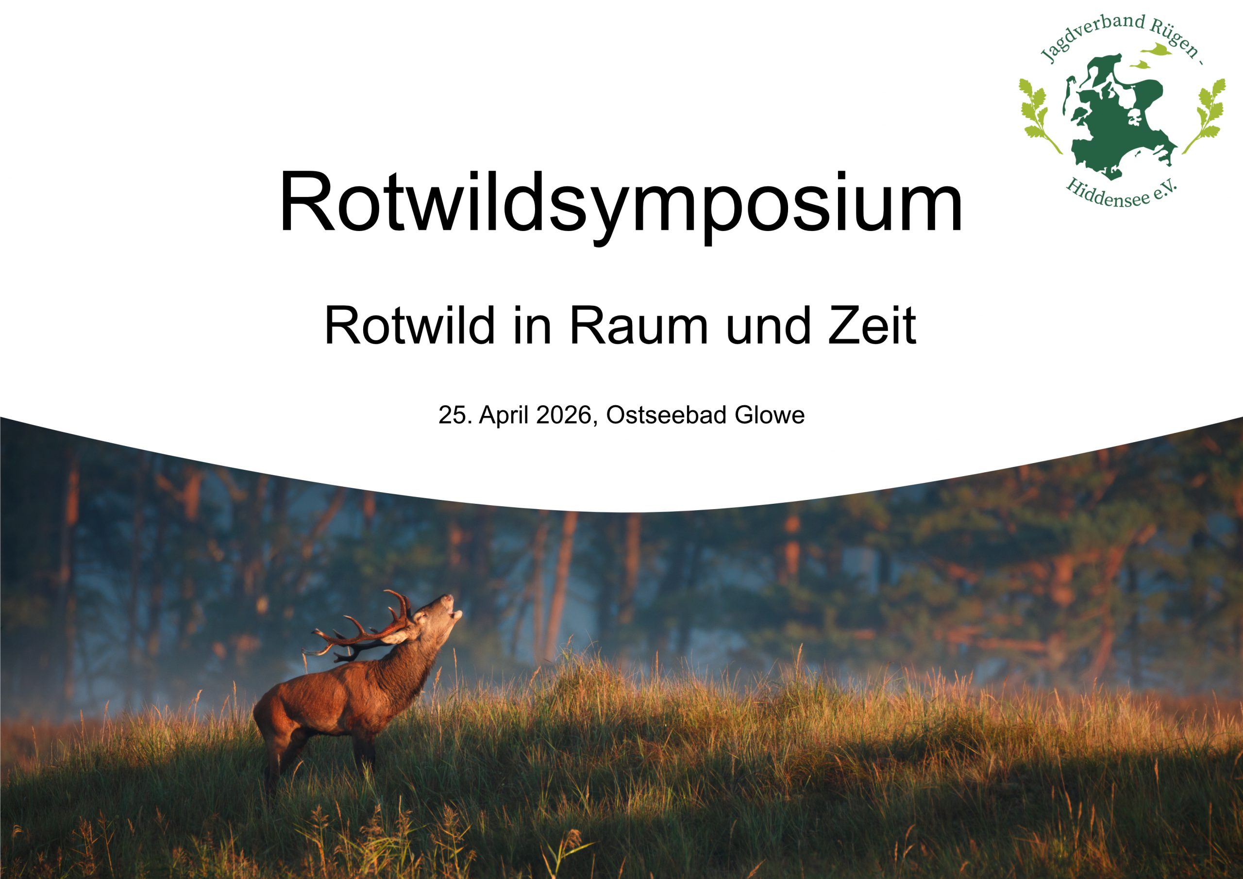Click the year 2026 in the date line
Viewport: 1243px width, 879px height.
click(563, 415)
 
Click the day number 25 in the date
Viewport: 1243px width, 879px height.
click(454, 415)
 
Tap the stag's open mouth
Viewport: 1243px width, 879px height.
click(456, 615)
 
